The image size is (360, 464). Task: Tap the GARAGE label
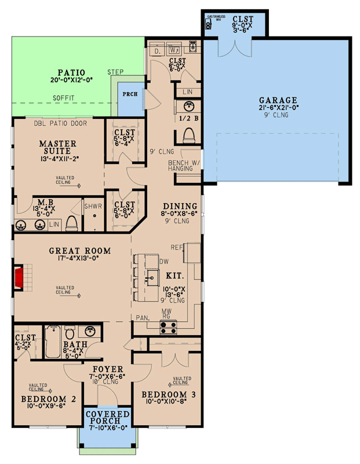pyautogui.click(x=278, y=100)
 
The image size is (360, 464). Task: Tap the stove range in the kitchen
pyautogui.click(x=168, y=327)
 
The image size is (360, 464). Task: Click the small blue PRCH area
pyautogui.click(x=129, y=95)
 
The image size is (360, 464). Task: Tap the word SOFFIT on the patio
pyautogui.click(x=63, y=98)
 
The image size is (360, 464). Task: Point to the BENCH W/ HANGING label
pyautogui.click(x=183, y=165)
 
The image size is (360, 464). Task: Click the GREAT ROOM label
pyautogui.click(x=80, y=251)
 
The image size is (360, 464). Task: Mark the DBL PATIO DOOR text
pyautogui.click(x=60, y=123)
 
